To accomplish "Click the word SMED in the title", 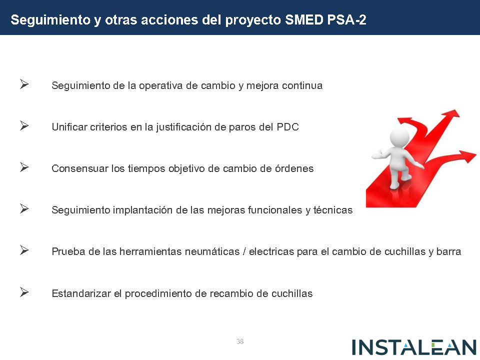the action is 304,20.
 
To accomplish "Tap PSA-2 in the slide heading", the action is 346,20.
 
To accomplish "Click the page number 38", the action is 240,341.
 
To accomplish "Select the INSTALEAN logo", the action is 414,347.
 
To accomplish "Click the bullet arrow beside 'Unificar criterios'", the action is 24,125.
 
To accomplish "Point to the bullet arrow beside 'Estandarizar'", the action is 24,292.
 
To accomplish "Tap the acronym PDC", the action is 288,127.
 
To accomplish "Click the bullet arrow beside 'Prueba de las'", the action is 24,250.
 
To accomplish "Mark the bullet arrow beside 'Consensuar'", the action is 24,167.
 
